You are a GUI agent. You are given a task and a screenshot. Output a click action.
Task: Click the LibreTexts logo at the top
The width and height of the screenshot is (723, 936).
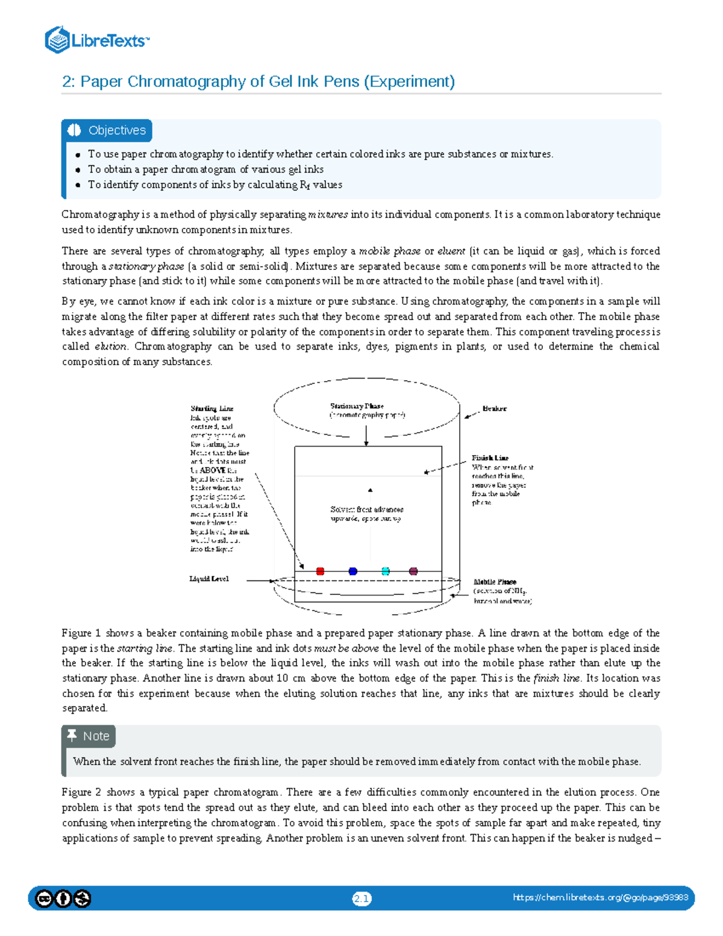coord(96,40)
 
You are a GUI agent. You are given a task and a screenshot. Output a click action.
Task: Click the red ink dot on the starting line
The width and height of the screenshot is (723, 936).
coord(321,571)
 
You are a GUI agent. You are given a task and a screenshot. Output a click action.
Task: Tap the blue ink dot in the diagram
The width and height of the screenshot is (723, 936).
coord(353,571)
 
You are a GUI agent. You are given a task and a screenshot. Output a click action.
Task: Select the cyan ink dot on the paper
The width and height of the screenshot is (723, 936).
coord(386,571)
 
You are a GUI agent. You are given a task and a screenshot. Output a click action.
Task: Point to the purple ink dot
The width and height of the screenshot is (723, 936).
coord(413,571)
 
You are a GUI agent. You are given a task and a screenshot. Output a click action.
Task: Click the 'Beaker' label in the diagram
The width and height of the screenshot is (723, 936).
coord(494,409)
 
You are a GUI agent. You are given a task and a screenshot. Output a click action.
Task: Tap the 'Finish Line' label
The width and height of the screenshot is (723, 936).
coord(490,458)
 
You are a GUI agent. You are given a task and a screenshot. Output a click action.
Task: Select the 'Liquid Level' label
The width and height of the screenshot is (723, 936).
coord(209,579)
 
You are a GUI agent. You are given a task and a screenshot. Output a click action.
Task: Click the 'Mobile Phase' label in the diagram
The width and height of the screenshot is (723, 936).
coord(495,582)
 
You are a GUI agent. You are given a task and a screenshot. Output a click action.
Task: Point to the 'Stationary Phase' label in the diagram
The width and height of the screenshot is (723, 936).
coord(357,406)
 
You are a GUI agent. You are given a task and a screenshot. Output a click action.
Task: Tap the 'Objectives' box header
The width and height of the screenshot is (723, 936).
coord(117,130)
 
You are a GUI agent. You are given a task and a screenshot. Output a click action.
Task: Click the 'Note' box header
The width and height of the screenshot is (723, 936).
coord(96,736)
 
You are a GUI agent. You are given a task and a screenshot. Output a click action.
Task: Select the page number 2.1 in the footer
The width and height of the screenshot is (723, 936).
coord(361,899)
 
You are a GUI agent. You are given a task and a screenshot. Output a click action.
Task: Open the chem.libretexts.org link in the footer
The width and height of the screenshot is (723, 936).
coord(600,897)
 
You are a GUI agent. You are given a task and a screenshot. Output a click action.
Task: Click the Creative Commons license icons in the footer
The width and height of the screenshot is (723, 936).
coord(63,899)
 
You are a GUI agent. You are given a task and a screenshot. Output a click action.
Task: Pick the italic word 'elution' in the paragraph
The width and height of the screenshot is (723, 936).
coord(111,347)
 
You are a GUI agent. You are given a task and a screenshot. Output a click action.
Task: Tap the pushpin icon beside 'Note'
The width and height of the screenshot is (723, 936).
coord(72,735)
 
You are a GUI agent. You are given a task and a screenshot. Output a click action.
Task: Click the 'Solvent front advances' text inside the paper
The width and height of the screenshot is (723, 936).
coord(367,510)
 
